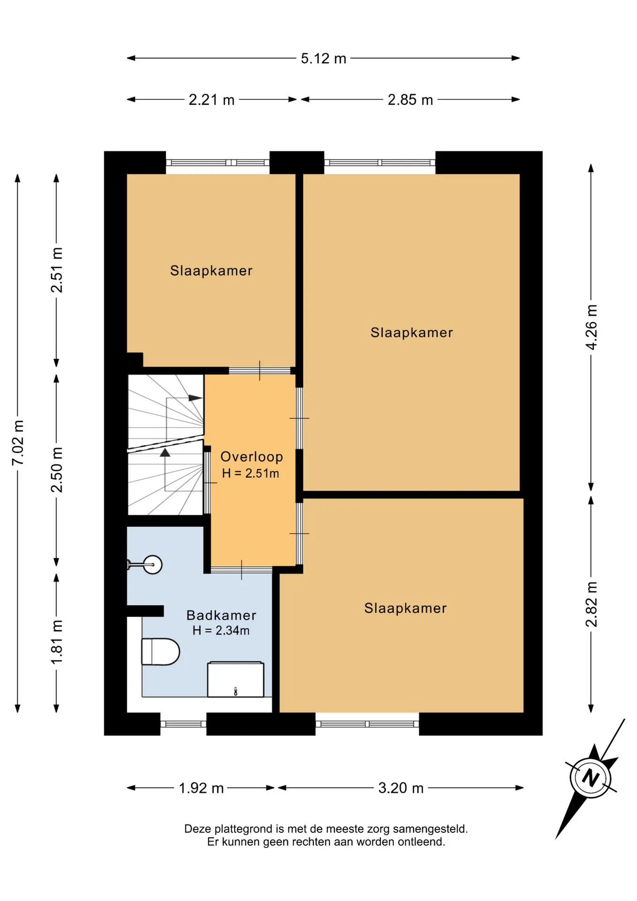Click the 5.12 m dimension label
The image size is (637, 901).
[324, 59]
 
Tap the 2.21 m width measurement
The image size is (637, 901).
[212, 100]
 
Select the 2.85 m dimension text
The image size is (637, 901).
[410, 100]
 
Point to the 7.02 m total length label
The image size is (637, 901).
[18, 443]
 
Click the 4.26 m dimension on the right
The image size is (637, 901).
[591, 327]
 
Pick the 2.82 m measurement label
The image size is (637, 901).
[591, 604]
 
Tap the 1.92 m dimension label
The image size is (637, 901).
[201, 788]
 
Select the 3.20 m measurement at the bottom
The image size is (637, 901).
[401, 788]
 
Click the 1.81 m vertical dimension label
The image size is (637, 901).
[57, 642]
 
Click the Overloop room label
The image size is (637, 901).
[252, 457]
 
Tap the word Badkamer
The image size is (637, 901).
[221, 615]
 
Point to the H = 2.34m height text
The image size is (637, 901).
[221, 630]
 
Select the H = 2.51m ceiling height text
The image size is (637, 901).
[250, 473]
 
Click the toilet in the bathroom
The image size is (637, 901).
[160, 651]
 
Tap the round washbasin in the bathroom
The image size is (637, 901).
[152, 565]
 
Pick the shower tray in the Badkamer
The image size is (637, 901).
[236, 679]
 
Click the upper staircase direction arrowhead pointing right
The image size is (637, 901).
[195, 398]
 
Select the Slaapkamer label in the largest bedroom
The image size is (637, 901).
[412, 333]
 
